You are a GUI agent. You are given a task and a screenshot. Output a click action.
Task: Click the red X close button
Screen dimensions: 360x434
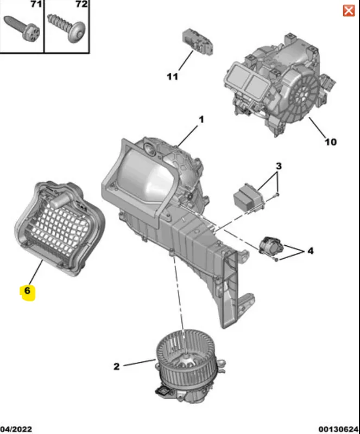coord(349,11)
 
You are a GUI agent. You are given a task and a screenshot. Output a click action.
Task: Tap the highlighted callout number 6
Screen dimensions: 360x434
coord(27,291)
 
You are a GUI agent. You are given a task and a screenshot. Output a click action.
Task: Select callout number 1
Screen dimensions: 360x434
coord(201,119)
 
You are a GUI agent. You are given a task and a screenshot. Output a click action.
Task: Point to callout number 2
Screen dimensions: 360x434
coord(116,367)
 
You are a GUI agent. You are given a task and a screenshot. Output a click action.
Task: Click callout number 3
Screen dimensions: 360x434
coord(279,166)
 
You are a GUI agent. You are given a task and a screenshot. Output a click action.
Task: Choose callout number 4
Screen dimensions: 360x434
coord(311,251)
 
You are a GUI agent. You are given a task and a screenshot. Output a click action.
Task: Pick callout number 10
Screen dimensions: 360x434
coord(330,142)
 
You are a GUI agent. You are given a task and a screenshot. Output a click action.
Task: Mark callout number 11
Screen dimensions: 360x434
coord(172,76)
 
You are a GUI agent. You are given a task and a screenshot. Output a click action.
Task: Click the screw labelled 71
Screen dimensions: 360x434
coord(22,29)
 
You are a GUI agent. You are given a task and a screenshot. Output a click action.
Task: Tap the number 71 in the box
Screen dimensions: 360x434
coord(36,4)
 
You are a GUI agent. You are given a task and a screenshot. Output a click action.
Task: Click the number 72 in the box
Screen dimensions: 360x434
coord(81,4)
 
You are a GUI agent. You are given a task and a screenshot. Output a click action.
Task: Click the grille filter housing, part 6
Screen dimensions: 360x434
coord(60,228)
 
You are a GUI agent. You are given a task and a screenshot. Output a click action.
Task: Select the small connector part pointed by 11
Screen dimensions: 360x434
coord(198,41)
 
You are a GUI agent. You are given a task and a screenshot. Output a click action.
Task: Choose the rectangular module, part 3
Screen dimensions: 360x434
coord(248,196)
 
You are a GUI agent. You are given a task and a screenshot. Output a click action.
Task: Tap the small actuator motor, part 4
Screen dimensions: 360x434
coord(271,245)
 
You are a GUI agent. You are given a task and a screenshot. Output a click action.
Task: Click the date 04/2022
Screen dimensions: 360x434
coord(16,429)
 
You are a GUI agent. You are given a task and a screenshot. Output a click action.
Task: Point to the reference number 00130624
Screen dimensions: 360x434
coord(339,429)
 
